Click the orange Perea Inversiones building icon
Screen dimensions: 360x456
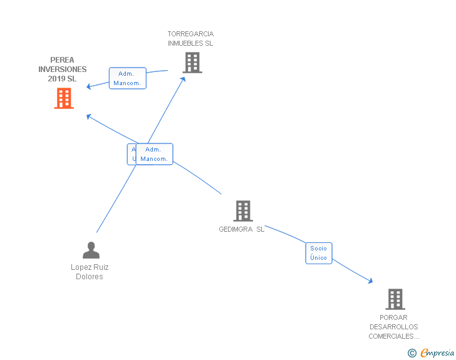(64, 98)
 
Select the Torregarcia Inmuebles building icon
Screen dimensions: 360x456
(192, 63)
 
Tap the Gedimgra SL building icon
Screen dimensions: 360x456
(242, 211)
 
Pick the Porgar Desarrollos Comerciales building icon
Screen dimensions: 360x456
(395, 299)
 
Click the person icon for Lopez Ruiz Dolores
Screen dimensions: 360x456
(91, 250)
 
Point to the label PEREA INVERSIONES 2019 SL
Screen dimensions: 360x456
(63, 69)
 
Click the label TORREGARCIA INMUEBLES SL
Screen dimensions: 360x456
(190, 39)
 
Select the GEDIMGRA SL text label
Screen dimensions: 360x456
(242, 229)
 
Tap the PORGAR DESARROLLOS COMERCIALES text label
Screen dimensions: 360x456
(393, 327)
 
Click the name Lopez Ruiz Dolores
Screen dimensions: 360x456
(90, 272)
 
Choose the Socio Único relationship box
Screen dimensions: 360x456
(318, 253)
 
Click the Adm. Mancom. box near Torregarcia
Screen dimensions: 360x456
(127, 78)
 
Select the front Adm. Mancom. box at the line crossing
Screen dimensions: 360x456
(154, 154)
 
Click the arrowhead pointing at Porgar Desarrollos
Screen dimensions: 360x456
(371, 282)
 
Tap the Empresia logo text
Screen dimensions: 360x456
(437, 352)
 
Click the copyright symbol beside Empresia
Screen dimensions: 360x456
(412, 353)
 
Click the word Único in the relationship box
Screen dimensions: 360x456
(318, 257)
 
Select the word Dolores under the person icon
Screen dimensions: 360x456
(90, 277)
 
